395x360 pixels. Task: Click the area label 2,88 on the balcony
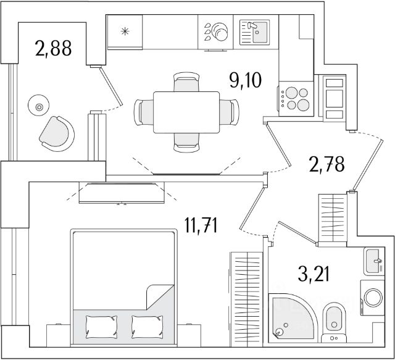pyautogui.click(x=52, y=48)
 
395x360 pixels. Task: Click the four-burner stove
pyautogui.click(x=296, y=99)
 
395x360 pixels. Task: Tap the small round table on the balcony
pyautogui.click(x=39, y=107)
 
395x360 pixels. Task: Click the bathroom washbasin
pyautogui.click(x=373, y=262)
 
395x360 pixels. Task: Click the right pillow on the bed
pyautogui.click(x=147, y=324)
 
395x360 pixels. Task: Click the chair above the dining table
pyautogui.click(x=186, y=83)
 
